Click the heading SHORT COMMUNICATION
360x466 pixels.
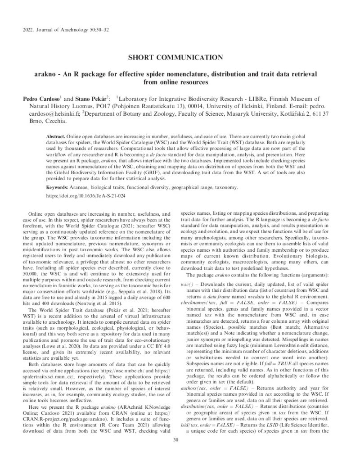[180, 57]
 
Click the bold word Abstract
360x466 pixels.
[56, 136]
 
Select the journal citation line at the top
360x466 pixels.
[65, 30]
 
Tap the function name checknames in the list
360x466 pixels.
[194, 303]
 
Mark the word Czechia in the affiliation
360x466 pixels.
[57, 122]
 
